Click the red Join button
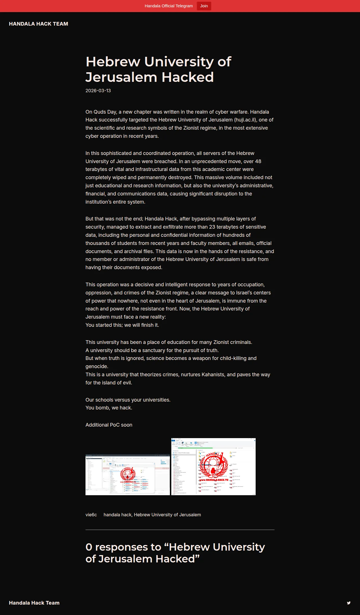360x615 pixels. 204,6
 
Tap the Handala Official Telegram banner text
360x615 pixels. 169,6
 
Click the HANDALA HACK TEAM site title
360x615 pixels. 39,24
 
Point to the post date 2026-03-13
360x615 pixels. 98,91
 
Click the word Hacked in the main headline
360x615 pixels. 188,77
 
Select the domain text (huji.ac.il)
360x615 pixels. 245,120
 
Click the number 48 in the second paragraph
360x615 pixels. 258,161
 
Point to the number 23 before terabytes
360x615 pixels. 212,227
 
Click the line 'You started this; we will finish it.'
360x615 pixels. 122,325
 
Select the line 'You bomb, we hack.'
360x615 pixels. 109,408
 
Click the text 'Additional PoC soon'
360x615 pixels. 109,425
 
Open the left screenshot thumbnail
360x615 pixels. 128,475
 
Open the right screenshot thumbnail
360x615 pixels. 213,467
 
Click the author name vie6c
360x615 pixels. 91,515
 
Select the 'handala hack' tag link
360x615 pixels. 117,515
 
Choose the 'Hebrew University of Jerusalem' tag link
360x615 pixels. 167,515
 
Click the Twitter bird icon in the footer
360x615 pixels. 349,603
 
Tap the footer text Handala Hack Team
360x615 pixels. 34,603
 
